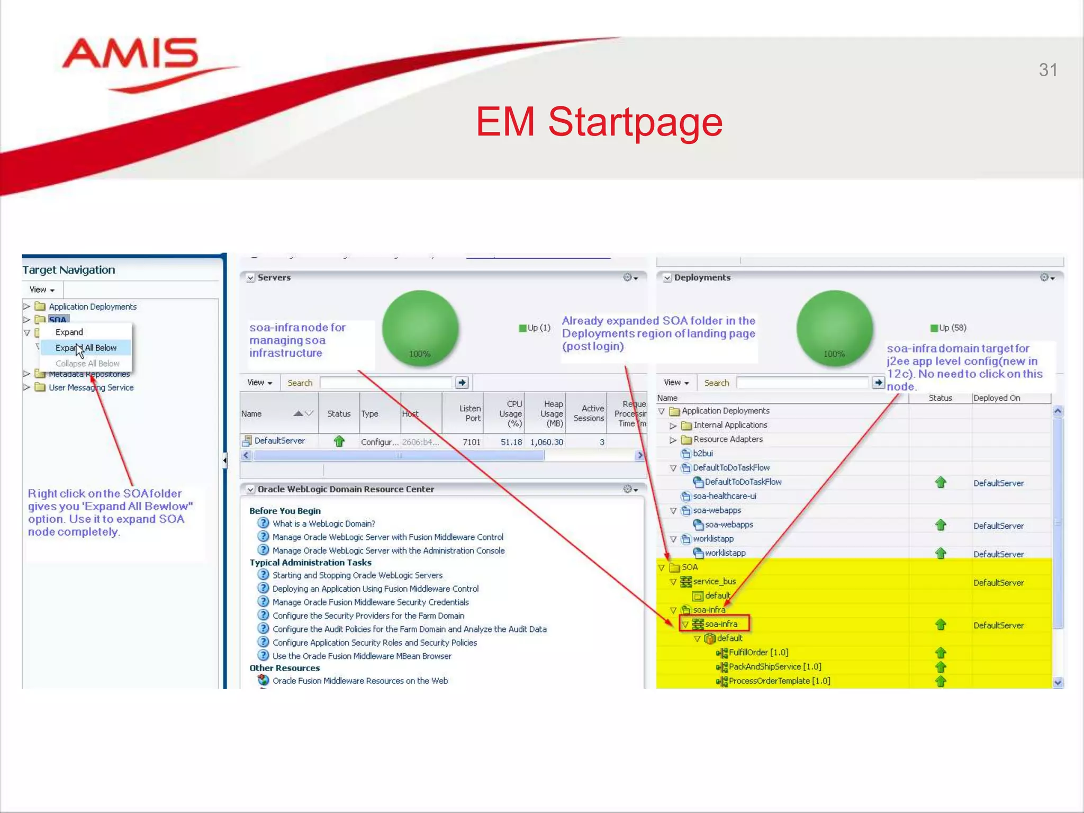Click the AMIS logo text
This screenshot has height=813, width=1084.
[130, 54]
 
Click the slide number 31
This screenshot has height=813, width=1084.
[1047, 70]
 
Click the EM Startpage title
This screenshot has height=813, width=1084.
[599, 122]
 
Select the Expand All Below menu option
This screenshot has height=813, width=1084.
[86, 348]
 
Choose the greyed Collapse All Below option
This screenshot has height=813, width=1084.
[87, 364]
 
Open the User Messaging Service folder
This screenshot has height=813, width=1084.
[91, 387]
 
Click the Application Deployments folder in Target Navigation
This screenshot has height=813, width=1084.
[92, 306]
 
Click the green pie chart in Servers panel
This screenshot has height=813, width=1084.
[420, 328]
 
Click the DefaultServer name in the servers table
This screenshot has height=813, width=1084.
[279, 441]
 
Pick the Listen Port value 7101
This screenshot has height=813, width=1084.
[471, 442]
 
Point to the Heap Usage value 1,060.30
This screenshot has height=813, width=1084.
[546, 442]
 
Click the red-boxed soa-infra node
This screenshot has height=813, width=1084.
[720, 624]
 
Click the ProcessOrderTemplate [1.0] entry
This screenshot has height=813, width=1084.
[779, 681]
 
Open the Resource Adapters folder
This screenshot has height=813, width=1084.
[727, 439]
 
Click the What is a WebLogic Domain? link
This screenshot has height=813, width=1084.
[323, 523]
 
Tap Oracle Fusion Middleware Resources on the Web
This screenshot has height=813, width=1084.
[359, 681]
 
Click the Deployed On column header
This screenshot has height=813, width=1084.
[996, 398]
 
